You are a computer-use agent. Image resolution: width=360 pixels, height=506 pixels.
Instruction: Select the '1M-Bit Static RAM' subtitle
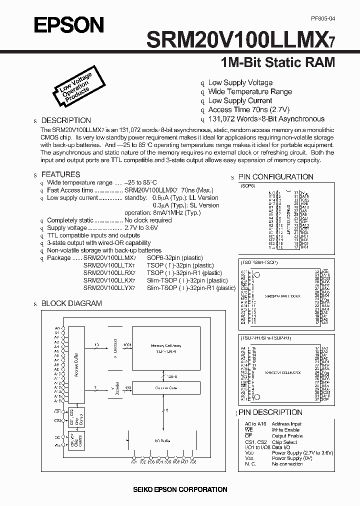click(277, 63)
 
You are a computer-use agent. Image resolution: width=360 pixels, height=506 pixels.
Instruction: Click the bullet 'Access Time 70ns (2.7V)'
click(249, 109)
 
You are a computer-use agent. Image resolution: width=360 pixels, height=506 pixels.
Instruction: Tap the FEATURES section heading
click(60, 174)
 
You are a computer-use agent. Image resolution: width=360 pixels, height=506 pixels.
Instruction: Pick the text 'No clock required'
click(148, 220)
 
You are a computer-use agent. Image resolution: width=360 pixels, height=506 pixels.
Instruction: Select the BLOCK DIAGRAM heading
click(71, 303)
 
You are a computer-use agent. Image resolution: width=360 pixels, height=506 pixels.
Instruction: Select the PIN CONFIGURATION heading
click(275, 177)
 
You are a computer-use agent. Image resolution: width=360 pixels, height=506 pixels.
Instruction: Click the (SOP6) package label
click(248, 185)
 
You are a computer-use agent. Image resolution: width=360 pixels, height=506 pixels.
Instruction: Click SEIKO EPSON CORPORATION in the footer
click(180, 489)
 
